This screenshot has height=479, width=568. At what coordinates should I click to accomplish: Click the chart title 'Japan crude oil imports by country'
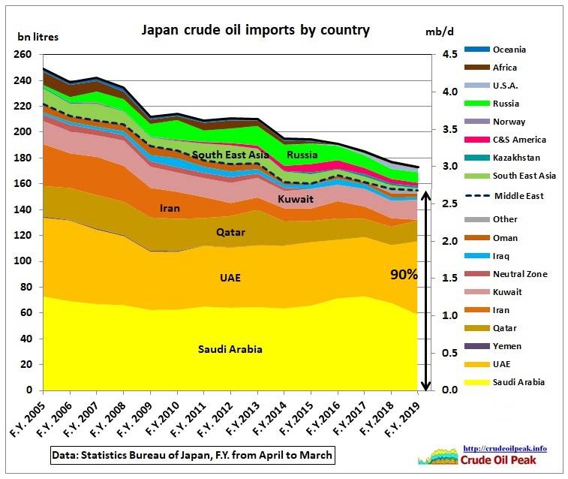[256, 31]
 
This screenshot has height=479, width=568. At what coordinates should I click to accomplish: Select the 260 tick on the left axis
[23, 55]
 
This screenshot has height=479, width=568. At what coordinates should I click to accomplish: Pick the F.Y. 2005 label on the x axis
[27, 418]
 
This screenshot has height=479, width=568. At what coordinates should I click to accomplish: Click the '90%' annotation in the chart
[404, 274]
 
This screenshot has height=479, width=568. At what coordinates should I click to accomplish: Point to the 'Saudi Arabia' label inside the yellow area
[230, 349]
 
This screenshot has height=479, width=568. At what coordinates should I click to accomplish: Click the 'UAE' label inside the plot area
[230, 278]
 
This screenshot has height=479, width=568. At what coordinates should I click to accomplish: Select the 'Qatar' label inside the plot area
[230, 233]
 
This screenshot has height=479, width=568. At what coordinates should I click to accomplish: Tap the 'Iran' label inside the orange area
[170, 208]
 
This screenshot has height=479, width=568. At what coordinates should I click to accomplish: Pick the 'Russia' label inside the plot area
[302, 155]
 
